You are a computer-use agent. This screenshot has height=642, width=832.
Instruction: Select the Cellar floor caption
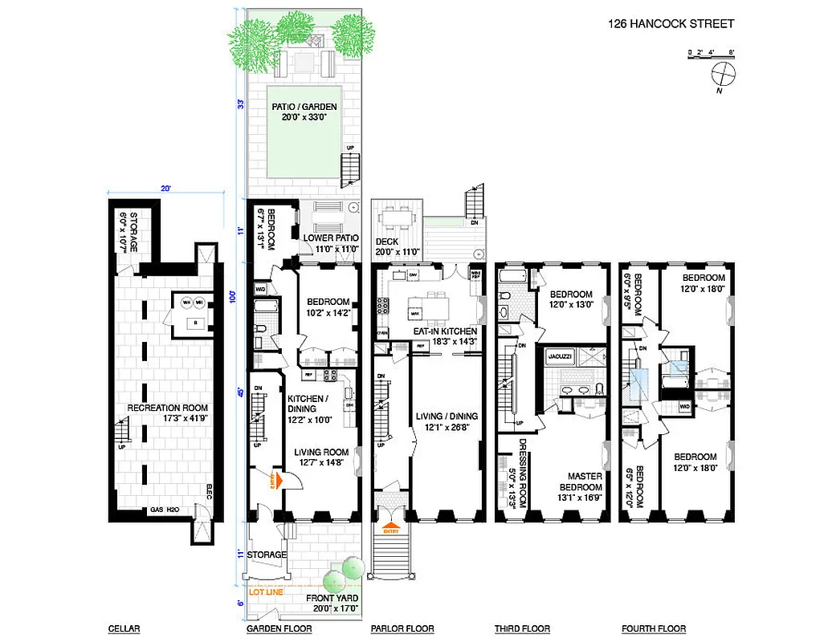[124, 628]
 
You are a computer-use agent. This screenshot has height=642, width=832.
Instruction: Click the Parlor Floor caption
[402, 628]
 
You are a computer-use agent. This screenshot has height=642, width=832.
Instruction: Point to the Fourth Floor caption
[654, 628]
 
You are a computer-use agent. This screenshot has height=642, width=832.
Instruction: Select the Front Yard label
[332, 603]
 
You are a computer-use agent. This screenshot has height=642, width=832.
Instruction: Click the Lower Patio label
[329, 244]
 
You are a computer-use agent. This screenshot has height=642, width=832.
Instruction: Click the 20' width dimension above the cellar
[165, 189]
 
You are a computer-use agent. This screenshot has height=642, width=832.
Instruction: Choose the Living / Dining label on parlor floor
[446, 421]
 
